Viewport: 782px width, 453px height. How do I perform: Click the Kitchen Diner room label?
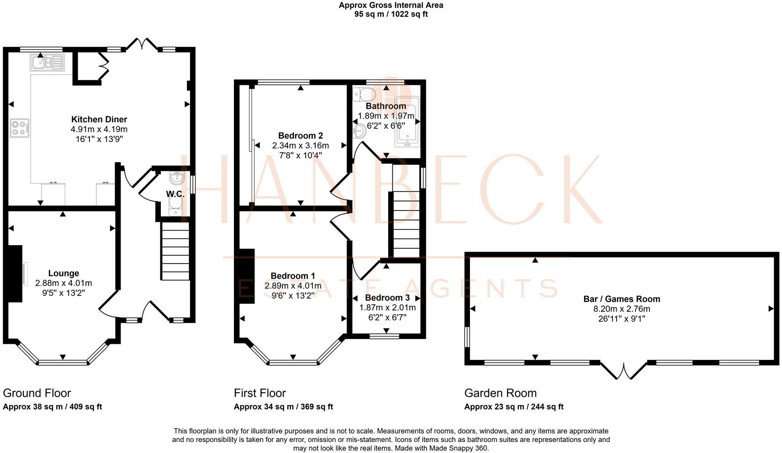click(99, 120)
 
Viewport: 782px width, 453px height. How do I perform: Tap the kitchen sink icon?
click(48, 62)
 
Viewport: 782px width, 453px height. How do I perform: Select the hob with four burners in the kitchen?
click(20, 127)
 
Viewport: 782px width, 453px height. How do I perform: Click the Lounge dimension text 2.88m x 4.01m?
click(63, 283)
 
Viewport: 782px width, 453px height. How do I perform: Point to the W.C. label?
click(175, 194)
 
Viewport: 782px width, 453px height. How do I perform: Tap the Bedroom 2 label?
click(300, 136)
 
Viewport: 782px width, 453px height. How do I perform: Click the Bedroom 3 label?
click(387, 298)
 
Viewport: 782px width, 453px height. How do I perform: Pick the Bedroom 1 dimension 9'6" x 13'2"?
click(292, 295)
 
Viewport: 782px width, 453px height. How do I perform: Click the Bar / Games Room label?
click(621, 299)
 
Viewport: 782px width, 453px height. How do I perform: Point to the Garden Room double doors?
click(623, 370)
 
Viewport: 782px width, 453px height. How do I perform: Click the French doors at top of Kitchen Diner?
click(142, 44)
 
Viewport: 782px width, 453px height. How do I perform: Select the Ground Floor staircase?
click(175, 251)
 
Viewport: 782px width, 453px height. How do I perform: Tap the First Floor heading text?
click(259, 393)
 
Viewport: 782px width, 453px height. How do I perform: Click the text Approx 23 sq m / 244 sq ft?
click(513, 406)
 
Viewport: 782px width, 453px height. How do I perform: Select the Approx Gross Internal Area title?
click(391, 5)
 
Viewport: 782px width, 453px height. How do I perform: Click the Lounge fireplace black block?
click(14, 274)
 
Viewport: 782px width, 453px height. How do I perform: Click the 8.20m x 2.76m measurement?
click(621, 309)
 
